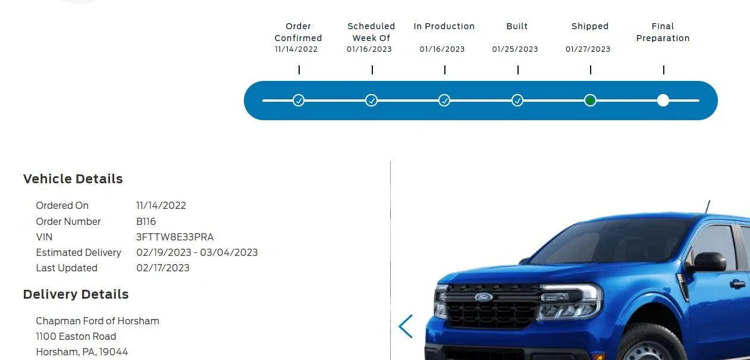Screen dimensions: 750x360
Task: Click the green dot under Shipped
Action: pyautogui.click(x=590, y=100)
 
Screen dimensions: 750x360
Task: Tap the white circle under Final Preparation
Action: pyautogui.click(x=663, y=100)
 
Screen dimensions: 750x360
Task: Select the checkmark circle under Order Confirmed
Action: pyautogui.click(x=299, y=100)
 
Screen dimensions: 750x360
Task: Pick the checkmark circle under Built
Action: pyautogui.click(x=517, y=100)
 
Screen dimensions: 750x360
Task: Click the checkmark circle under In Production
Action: pyautogui.click(x=444, y=100)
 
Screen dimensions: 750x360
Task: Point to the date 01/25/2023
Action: pyautogui.click(x=515, y=49)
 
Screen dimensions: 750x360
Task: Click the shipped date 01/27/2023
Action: pyautogui.click(x=588, y=49)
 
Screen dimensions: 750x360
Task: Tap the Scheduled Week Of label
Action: pyautogui.click(x=371, y=32)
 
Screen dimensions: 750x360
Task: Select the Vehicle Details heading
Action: pyautogui.click(x=73, y=179)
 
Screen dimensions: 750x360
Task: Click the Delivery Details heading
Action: pyautogui.click(x=76, y=295)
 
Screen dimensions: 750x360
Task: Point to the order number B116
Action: pyautogui.click(x=146, y=221)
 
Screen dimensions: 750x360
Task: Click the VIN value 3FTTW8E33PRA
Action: pyautogui.click(x=175, y=237)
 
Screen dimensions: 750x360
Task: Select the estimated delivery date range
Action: pyautogui.click(x=197, y=252)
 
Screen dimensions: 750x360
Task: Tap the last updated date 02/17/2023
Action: pyautogui.click(x=163, y=268)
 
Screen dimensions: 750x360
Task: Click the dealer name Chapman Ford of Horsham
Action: pyautogui.click(x=98, y=321)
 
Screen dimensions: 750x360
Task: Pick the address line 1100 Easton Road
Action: pyautogui.click(x=76, y=336)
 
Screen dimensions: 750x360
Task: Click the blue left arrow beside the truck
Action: pyautogui.click(x=406, y=326)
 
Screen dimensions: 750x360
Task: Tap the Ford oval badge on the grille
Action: pyautogui.click(x=484, y=297)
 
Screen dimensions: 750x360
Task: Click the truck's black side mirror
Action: pyautogui.click(x=709, y=262)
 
